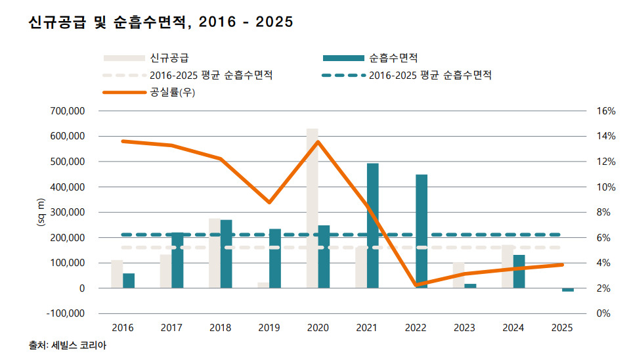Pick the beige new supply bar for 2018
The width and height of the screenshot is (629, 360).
[214, 253]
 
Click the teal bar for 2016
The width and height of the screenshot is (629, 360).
[129, 281]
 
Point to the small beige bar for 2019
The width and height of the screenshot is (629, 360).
[263, 285]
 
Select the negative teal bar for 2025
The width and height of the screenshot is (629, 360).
[568, 290]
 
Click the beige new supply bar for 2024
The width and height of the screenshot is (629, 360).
[508, 266]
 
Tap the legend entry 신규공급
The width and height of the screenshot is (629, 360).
[165, 58]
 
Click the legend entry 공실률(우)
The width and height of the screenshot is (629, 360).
[173, 92]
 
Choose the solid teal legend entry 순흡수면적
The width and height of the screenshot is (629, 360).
[394, 58]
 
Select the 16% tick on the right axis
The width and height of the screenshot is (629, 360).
[605, 111]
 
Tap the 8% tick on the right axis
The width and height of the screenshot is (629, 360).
[605, 212]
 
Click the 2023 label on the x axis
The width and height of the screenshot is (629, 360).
[464, 327]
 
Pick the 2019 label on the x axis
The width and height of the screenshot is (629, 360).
[269, 327]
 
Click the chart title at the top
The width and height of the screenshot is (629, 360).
[161, 22]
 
